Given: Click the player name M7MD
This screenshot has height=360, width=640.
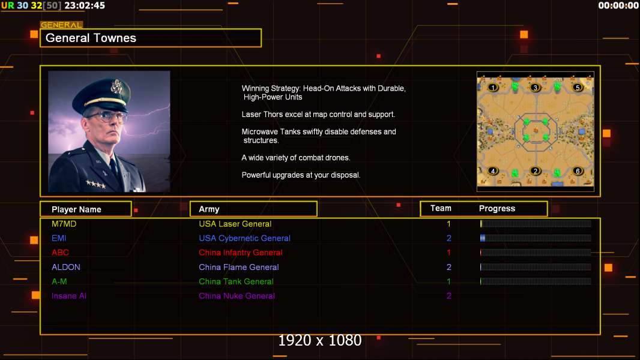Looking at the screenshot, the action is (64, 224).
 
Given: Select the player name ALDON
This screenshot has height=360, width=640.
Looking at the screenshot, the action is (65, 267).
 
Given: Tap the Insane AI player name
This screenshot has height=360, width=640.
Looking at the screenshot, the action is (69, 296).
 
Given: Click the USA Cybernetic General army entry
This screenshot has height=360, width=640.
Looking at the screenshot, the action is (244, 238).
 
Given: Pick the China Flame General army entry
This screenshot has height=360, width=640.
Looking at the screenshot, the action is (239, 267).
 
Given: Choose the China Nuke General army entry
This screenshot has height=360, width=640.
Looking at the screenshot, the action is (237, 296).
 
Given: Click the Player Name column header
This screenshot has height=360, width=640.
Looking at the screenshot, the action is (76, 209).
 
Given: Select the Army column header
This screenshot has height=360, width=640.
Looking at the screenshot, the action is (209, 209).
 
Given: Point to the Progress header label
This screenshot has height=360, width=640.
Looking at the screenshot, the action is (497, 208).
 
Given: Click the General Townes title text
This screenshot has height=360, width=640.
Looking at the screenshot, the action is (91, 38).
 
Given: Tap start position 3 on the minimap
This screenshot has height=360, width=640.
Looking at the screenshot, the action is (535, 88).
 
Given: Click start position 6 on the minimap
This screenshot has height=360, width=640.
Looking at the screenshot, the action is (578, 171).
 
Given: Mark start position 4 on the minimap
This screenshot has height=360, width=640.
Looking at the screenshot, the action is (493, 171).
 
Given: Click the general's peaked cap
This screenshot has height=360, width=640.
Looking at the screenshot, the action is (102, 95).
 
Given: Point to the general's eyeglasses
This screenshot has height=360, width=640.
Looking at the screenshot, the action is (106, 116).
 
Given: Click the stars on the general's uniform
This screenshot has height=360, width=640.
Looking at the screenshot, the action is (96, 184).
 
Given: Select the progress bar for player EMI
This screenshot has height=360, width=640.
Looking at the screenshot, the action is (536, 238).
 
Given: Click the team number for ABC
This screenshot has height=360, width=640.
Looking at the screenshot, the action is (448, 253).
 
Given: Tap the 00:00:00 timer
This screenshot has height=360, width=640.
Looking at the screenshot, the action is (618, 5).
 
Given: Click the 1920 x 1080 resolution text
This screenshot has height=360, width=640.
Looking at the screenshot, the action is (320, 340).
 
